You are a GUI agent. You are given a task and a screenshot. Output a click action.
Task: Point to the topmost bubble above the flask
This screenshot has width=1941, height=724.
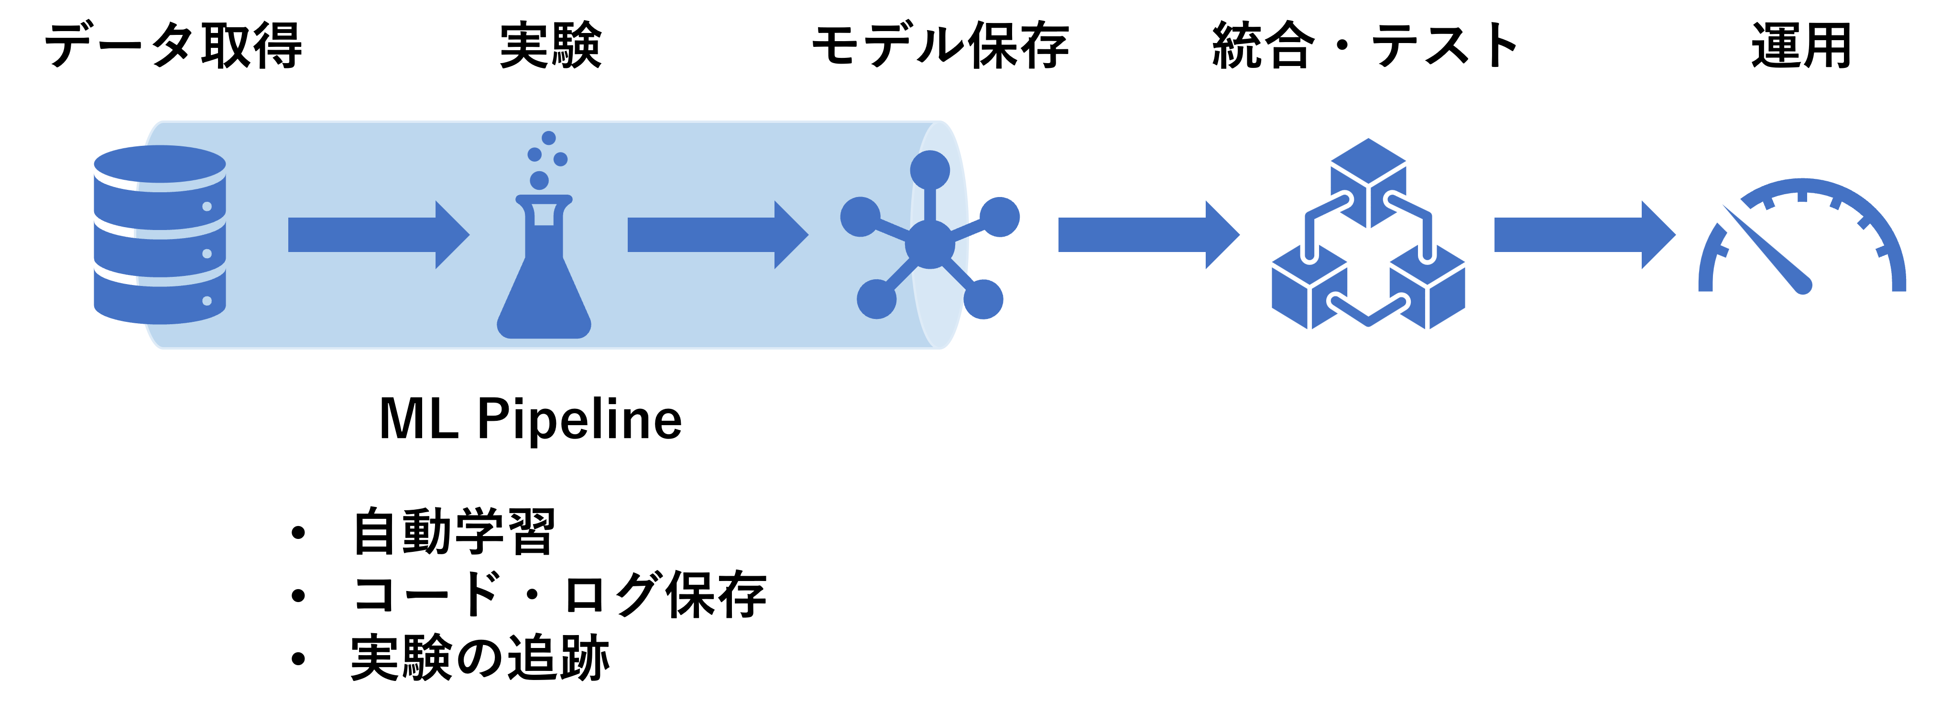point(548,138)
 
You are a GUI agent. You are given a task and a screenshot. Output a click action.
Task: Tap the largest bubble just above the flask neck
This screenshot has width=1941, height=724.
point(539,181)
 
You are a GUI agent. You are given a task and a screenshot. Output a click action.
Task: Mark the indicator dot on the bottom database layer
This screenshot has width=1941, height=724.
point(207,301)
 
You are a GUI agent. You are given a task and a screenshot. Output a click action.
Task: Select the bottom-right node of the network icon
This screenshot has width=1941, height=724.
point(983,299)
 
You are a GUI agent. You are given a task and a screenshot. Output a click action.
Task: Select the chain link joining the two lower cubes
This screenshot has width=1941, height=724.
point(1368,313)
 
